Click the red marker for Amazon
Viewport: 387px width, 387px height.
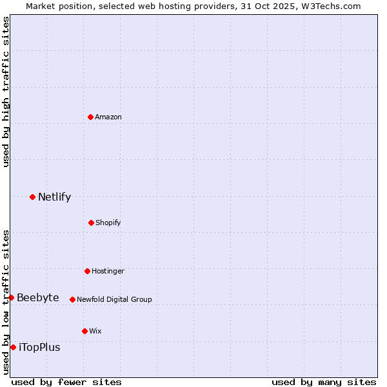91,117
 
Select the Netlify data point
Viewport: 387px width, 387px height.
32,197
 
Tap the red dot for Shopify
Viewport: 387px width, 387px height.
91,223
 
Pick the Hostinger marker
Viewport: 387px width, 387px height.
87,271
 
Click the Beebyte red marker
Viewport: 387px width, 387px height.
11,297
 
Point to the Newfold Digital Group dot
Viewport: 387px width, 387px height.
72,299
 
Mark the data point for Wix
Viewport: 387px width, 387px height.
84,331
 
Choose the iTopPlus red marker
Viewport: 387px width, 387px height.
13,347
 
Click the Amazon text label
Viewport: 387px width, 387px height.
108,117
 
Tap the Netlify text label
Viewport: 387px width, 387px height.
54,197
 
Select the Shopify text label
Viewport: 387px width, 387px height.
108,223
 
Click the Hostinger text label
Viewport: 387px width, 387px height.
108,271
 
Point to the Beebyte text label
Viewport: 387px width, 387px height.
38,297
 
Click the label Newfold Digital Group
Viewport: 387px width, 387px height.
114,299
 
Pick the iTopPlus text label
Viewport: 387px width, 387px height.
39,347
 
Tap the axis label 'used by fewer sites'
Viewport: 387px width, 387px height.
66,382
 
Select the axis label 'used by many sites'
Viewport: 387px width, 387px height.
324,382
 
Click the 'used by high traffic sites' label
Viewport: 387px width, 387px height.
6,92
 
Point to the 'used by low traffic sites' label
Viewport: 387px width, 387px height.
6,302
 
